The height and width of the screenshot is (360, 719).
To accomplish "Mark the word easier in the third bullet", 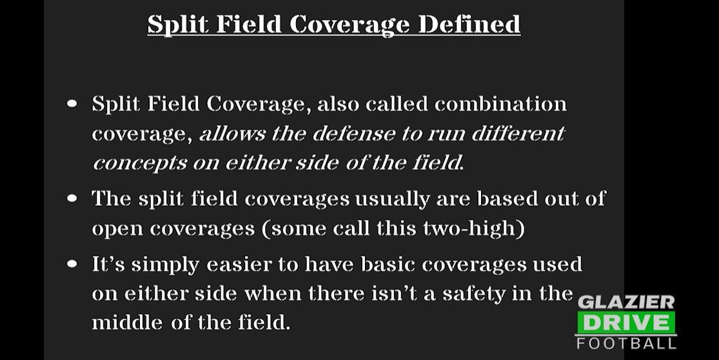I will click(x=252, y=264).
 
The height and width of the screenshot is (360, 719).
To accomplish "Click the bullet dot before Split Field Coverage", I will click(x=72, y=104).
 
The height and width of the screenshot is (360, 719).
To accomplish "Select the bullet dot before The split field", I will click(x=72, y=198).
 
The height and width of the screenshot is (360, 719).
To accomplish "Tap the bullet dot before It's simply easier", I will click(x=72, y=264).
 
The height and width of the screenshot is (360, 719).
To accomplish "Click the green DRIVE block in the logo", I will click(x=625, y=322).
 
